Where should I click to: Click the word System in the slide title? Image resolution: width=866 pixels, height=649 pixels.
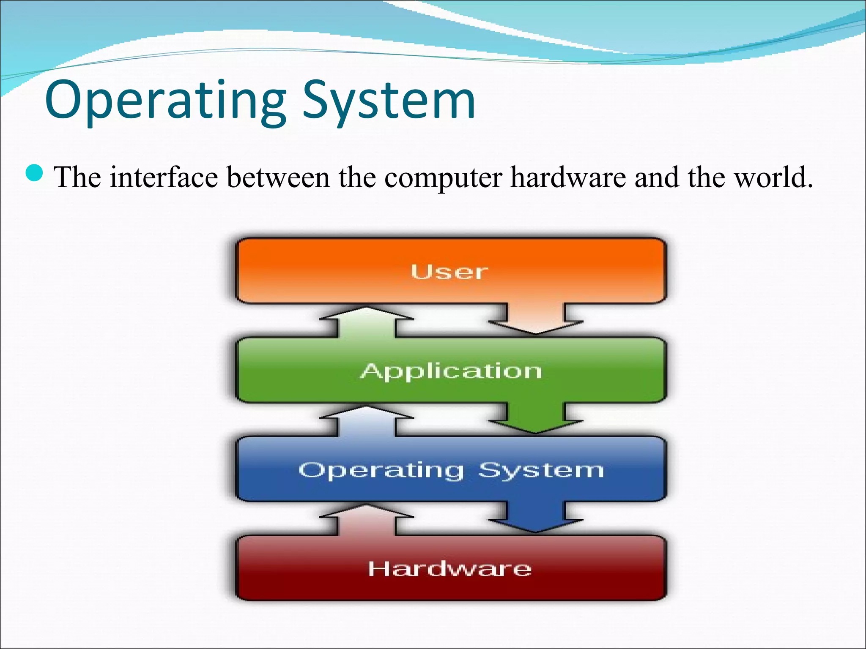(389, 101)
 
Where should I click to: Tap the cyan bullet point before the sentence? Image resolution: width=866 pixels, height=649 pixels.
(34, 173)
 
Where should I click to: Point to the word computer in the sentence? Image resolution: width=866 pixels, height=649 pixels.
(443, 177)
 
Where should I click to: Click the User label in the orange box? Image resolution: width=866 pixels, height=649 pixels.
(449, 272)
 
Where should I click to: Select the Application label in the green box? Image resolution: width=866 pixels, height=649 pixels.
(451, 371)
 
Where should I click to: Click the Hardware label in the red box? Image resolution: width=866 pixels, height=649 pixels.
(450, 569)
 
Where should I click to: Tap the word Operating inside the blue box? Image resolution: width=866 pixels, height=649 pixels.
(381, 470)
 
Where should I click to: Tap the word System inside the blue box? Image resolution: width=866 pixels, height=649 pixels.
(541, 469)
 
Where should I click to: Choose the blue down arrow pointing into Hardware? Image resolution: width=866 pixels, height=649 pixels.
(536, 517)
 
